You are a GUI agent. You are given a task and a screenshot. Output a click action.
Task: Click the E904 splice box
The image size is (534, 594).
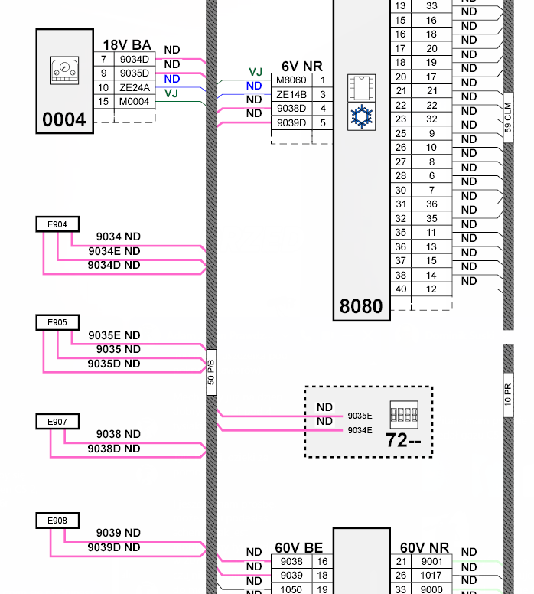tap(57, 224)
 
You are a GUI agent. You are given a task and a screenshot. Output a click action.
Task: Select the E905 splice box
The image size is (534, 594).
tap(57, 322)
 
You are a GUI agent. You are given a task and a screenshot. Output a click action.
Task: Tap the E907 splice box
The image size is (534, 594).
tap(57, 422)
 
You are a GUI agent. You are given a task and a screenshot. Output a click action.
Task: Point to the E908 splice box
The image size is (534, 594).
tap(57, 521)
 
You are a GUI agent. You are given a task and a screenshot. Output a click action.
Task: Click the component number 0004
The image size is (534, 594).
tap(64, 119)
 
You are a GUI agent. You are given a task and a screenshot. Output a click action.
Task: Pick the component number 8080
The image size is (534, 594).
tap(360, 307)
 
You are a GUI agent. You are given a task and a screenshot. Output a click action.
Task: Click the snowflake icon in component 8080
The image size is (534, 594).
tap(360, 116)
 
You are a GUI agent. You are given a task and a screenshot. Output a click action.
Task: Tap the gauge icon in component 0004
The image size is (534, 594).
tap(63, 71)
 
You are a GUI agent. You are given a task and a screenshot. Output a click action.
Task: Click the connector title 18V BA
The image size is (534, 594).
tap(127, 45)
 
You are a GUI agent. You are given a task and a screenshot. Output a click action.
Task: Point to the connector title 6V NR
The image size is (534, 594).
tap(301, 67)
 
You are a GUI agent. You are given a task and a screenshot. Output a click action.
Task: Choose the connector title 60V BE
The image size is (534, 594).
tap(298, 548)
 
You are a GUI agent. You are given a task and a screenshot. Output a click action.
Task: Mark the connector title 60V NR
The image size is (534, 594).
tap(425, 548)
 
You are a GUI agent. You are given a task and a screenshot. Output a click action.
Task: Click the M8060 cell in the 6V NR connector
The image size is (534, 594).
tap(291, 80)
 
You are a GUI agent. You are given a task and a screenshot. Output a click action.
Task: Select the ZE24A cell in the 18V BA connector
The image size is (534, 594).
tap(135, 87)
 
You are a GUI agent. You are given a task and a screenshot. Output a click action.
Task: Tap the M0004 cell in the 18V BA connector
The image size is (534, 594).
tap(135, 102)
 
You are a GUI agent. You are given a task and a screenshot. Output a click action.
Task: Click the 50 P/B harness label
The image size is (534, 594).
tap(211, 372)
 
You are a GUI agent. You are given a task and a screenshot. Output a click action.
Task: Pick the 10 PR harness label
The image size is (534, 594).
tap(508, 399)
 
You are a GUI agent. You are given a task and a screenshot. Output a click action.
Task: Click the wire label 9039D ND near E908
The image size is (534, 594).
tap(114, 547)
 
